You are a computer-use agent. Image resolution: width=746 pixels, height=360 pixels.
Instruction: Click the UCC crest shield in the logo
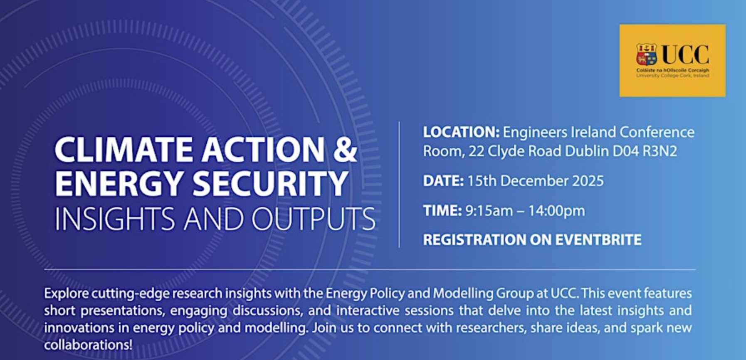[646, 54]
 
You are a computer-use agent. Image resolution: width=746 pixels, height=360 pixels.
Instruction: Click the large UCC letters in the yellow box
[685, 55]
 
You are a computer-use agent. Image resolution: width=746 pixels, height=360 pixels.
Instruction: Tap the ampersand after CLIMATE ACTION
[345, 149]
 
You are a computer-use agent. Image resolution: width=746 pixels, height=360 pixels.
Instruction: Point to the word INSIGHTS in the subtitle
[115, 219]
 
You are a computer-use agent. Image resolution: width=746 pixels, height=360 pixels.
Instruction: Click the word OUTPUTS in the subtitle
[313, 219]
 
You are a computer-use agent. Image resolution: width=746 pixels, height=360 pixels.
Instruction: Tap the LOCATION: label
[461, 132]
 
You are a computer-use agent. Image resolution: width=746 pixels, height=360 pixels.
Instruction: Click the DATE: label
[443, 181]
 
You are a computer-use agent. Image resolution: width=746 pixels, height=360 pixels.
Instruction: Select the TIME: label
[442, 211]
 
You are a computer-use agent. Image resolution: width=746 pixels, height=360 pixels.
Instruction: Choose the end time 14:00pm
[557, 211]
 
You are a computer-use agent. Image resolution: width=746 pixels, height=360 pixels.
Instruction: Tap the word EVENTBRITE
[598, 240]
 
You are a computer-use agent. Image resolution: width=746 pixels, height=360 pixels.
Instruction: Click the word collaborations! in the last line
[88, 345]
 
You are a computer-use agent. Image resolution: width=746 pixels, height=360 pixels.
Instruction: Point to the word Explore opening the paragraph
[67, 293]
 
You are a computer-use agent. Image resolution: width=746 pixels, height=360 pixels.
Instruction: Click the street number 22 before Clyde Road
[476, 151]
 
